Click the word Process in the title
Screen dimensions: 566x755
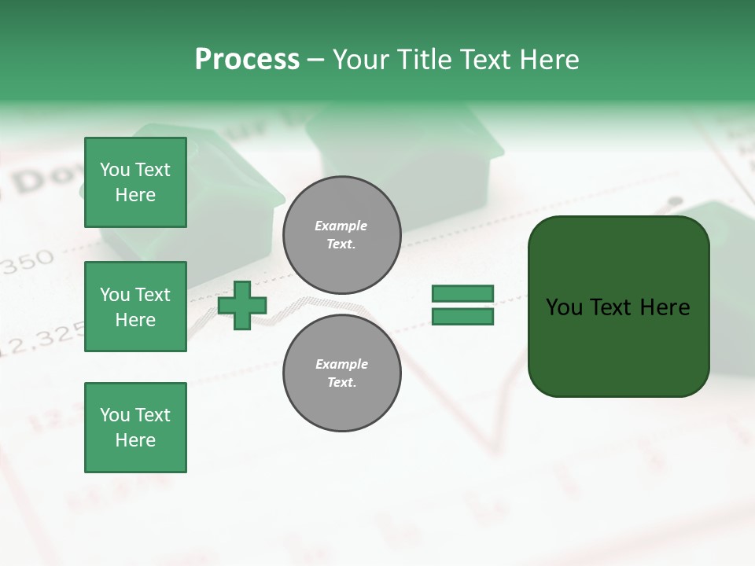[x=247, y=60]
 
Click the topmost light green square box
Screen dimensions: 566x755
[x=135, y=182]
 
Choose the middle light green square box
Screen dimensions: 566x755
[x=135, y=307]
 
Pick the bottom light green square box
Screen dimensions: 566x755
[x=135, y=427]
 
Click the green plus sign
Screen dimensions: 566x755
[x=242, y=305]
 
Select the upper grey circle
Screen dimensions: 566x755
[x=341, y=235]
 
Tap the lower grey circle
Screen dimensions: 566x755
[x=341, y=373]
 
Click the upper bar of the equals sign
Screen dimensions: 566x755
[x=462, y=294]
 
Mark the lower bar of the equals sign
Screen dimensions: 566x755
[x=462, y=317]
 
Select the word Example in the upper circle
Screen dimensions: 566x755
[x=341, y=226]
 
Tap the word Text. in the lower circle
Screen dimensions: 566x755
[x=341, y=383]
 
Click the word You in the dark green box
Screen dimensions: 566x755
[x=565, y=307]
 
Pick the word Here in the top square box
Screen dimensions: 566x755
[x=135, y=195]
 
